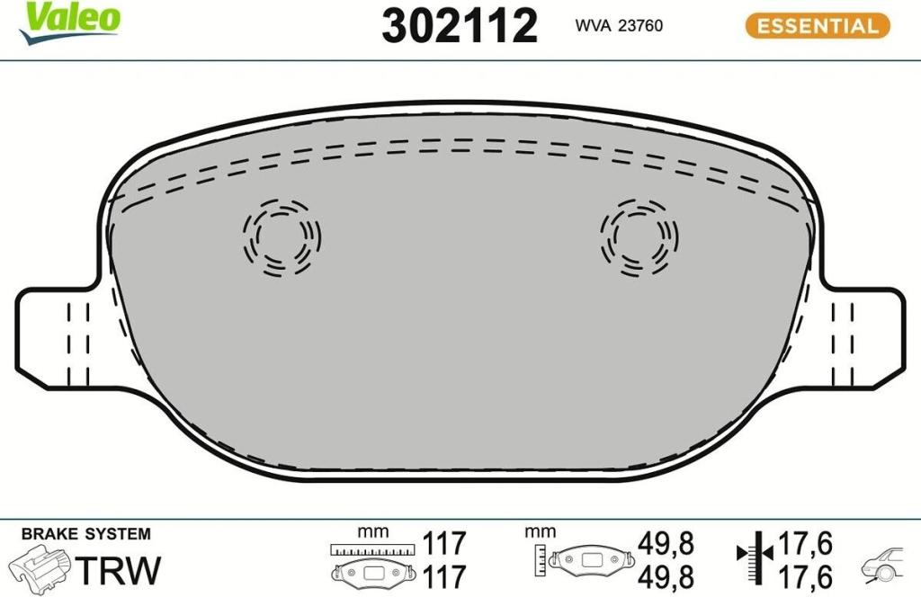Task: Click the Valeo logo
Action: pos(69,23)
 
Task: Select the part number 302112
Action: pos(460,26)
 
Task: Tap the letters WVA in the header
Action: pos(594,26)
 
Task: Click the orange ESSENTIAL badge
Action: pos(818,26)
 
